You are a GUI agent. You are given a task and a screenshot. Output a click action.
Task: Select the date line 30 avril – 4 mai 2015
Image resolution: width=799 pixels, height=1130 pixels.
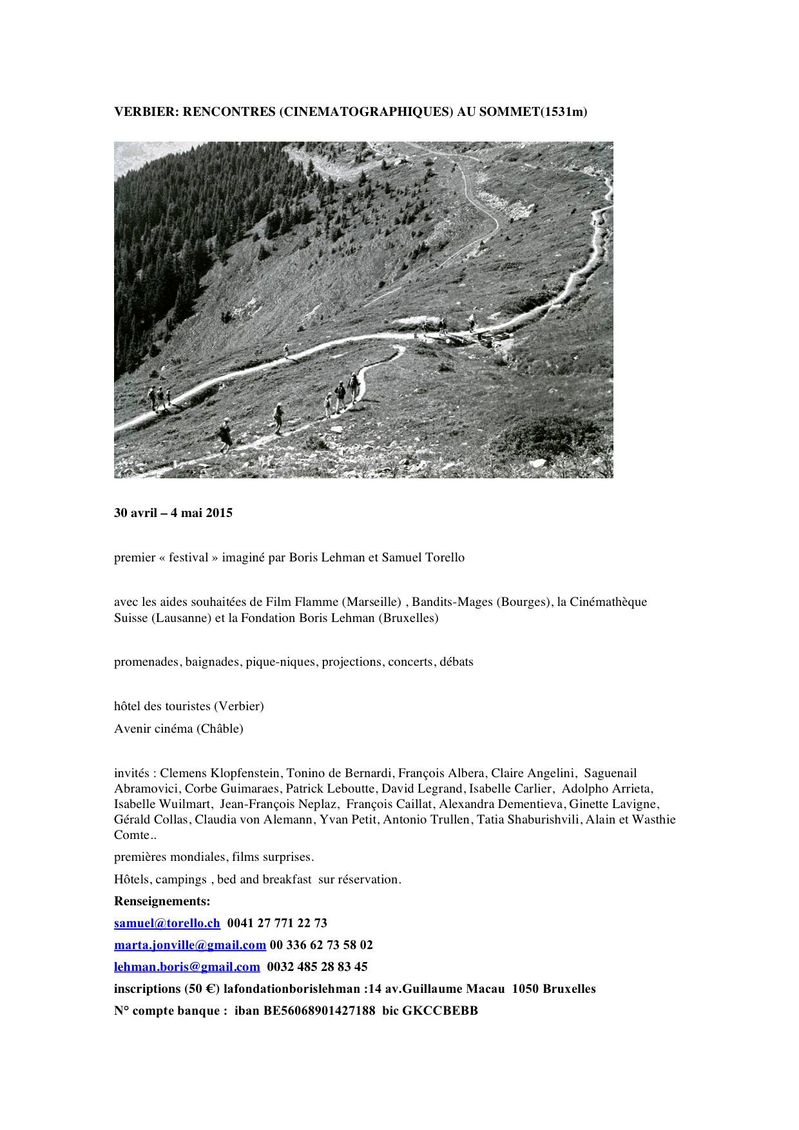pos(173,513)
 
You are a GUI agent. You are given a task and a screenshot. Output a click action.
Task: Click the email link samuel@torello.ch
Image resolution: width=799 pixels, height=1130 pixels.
pos(167,923)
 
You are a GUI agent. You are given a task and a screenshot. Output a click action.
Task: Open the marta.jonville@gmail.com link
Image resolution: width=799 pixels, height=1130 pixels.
pos(190,945)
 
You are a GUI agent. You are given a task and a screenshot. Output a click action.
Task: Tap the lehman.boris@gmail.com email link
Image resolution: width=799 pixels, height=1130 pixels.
pos(187,966)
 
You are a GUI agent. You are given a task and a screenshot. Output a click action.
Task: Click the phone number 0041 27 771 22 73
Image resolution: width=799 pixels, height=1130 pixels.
pos(277,923)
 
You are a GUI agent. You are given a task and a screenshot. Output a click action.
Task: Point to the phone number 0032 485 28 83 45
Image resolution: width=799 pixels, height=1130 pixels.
pos(317,966)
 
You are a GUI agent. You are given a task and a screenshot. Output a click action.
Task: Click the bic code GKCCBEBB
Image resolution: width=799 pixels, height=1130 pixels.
pos(440,1010)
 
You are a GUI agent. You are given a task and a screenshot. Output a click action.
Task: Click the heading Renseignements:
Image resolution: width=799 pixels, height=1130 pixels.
pos(162,901)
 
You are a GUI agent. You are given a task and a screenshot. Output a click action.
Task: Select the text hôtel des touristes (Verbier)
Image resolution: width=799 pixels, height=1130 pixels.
pos(189,706)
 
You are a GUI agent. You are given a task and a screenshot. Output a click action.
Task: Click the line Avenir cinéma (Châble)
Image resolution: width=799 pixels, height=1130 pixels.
pos(178,728)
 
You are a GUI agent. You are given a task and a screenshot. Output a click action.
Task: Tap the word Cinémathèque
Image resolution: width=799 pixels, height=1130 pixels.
pos(608,602)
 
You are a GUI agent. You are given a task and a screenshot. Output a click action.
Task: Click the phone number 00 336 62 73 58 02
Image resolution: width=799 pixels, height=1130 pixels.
pos(322,945)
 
